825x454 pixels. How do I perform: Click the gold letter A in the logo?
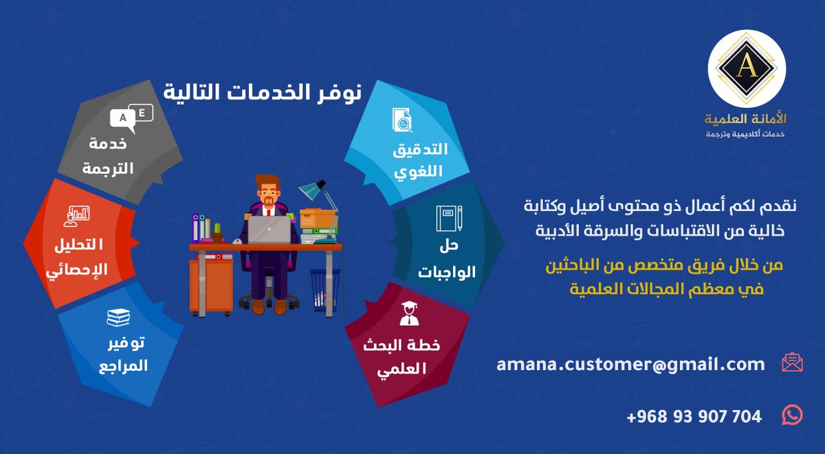pos(746,66)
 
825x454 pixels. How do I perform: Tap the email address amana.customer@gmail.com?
pos(630,364)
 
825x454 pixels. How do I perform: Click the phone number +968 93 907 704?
pos(694,416)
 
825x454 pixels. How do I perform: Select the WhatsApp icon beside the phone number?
pos(792,415)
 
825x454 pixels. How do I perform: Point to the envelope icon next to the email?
pos(792,363)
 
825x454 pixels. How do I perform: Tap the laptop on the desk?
pos(268,229)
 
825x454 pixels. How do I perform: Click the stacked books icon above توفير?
pos(118,318)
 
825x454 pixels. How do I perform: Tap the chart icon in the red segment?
pos(76,215)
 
